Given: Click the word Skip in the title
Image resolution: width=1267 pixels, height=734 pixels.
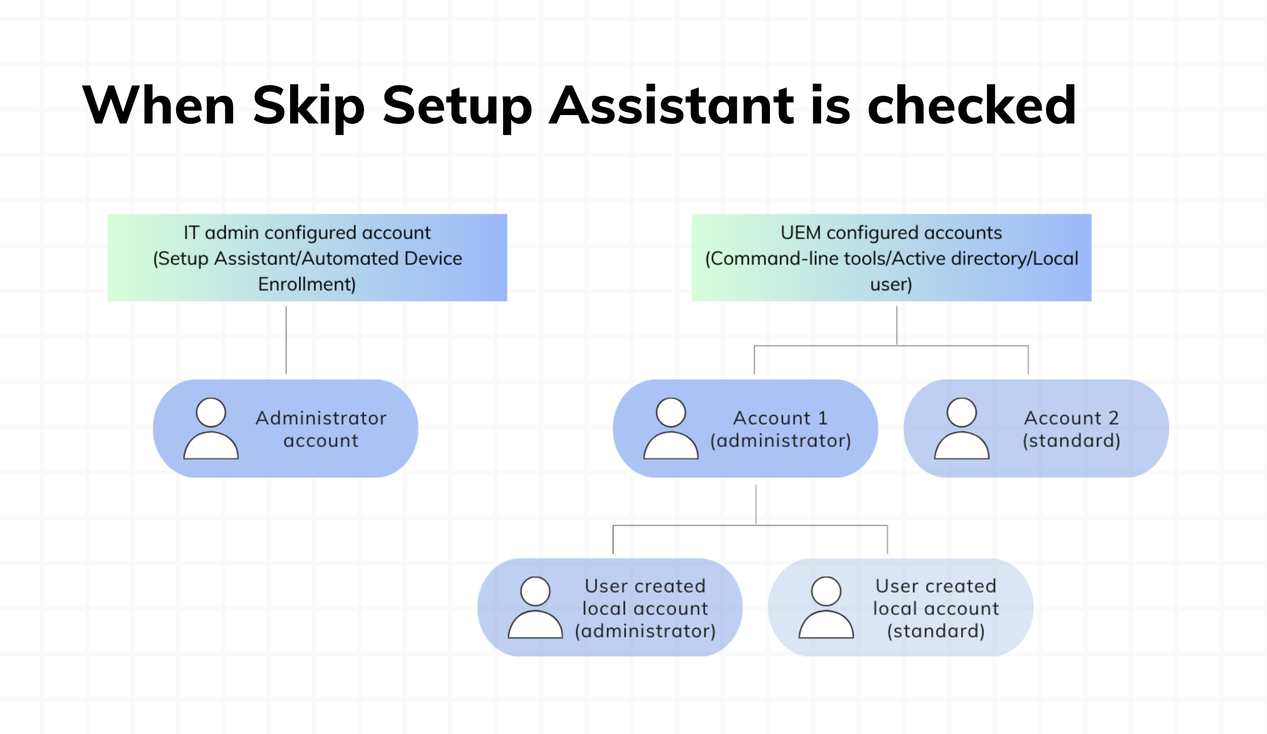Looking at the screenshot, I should [308, 106].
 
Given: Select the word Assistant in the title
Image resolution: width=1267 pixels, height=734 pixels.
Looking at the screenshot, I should [671, 106].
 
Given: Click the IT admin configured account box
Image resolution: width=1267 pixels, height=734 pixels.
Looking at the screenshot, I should [307, 257].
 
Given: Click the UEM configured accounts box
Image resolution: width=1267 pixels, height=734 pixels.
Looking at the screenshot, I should [891, 257].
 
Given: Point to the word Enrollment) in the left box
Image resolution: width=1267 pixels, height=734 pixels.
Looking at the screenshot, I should [307, 285].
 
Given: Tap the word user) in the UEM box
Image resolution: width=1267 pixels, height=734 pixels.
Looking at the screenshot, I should [891, 285].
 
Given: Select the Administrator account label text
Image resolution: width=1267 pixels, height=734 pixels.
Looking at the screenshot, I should [321, 429].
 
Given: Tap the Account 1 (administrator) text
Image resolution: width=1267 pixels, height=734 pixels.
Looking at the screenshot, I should [780, 429].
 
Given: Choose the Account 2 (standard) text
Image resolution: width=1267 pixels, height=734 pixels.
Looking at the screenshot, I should [1071, 429].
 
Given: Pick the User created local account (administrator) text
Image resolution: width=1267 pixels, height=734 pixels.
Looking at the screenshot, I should [645, 608].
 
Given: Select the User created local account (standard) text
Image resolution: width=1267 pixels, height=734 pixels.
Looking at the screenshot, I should [935, 608].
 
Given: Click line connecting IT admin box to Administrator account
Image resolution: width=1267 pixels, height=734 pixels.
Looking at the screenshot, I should [286, 340].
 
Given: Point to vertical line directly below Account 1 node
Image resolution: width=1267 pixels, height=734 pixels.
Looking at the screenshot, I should [756, 504].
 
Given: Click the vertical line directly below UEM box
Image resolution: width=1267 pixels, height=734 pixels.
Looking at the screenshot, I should [896, 326].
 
